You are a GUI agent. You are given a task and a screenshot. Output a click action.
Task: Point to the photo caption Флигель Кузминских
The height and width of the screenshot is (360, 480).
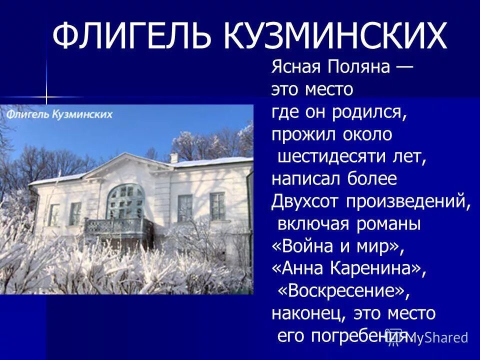coord(59,114)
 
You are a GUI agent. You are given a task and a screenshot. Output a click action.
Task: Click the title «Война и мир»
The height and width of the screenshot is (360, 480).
coord(337,246)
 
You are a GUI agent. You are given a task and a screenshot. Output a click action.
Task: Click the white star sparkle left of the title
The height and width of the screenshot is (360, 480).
coord(46,96)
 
